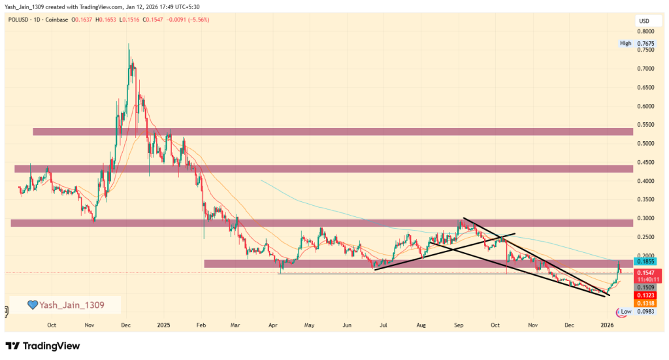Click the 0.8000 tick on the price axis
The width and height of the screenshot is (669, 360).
(x=646, y=31)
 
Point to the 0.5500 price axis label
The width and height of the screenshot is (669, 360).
(x=646, y=125)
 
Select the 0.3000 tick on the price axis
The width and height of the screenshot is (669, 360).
(x=646, y=218)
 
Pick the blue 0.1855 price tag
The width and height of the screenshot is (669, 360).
(x=646, y=261)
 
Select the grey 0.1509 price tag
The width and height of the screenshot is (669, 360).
(x=646, y=287)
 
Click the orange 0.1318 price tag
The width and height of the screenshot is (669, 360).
(x=646, y=303)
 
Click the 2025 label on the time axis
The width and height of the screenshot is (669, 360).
(x=163, y=325)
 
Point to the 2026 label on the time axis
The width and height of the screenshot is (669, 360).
(x=608, y=325)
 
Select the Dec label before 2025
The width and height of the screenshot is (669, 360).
(x=127, y=325)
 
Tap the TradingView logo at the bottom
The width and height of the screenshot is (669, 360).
(x=42, y=346)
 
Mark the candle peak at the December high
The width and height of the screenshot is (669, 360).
(x=128, y=44)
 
